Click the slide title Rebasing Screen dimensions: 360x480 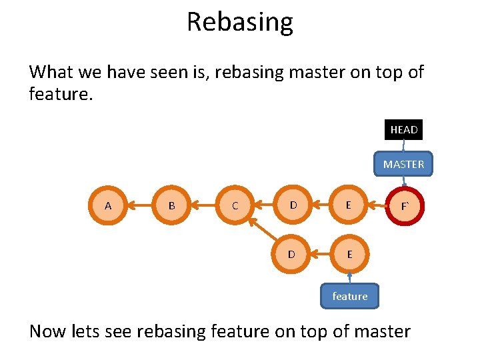239,22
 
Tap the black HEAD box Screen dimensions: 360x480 403,129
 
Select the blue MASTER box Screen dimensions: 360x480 403,164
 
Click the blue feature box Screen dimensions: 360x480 349,296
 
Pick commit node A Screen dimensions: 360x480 108,205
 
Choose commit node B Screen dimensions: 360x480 171,205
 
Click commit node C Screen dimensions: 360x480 235,205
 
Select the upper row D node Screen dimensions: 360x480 293,205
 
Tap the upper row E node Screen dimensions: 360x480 349,205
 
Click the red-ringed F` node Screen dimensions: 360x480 404,206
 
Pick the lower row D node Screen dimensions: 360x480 293,254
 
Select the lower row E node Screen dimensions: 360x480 349,254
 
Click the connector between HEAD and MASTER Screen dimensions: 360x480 403,146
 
